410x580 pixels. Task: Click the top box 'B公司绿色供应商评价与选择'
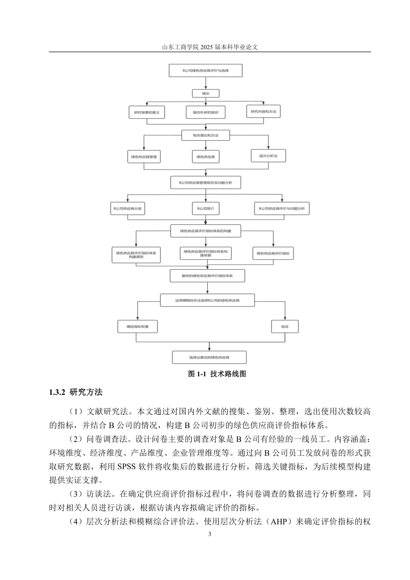(205, 70)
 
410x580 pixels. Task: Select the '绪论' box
(205, 93)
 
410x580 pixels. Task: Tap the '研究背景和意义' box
(147, 113)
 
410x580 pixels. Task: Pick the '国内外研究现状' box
(205, 113)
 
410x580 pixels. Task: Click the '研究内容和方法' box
(263, 112)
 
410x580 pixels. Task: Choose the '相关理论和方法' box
(205, 136)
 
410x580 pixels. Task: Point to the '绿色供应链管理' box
(144, 157)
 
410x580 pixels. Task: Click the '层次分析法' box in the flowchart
(268, 156)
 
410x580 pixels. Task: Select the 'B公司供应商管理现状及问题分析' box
(205, 183)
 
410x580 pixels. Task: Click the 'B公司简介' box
(205, 208)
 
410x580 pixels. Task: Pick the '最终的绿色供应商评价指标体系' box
(208, 275)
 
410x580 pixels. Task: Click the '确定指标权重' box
(138, 327)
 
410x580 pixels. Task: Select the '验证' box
(285, 327)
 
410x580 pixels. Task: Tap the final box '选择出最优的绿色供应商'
(209, 357)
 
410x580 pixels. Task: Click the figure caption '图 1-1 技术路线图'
(217, 374)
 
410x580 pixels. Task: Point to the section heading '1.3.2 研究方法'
(76, 392)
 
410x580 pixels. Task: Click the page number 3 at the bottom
(210, 534)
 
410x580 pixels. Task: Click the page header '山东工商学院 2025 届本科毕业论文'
(210, 47)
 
